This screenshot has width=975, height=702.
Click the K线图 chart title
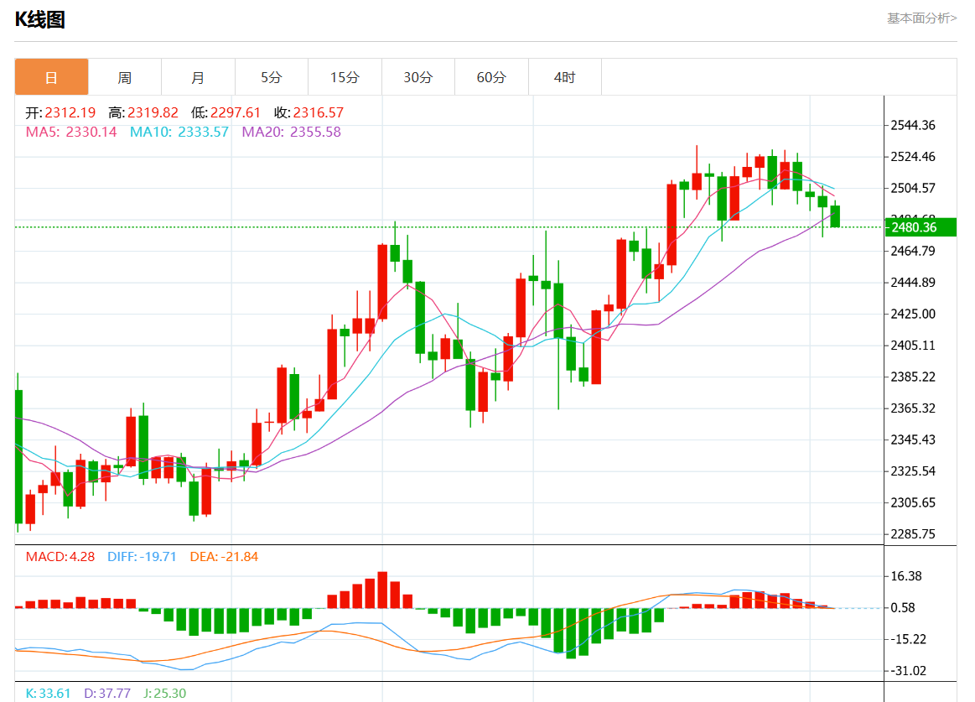40,20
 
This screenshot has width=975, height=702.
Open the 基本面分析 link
921,18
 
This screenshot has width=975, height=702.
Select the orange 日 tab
51,77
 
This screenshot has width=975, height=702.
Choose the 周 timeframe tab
124,77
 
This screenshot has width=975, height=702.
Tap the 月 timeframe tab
198,77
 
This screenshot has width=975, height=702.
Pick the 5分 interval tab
272,77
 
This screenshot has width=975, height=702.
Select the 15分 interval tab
345,77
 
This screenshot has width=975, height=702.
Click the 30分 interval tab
417,77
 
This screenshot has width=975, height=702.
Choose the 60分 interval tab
491,77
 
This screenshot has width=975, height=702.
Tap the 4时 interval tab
564,77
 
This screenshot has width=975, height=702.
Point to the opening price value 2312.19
70,112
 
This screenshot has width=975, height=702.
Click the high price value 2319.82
153,112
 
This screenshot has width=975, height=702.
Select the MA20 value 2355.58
315,132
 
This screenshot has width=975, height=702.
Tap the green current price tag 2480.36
921,227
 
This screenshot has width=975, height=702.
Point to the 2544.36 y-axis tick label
913,126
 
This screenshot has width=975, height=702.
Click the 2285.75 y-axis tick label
913,534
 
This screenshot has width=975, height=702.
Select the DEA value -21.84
239,557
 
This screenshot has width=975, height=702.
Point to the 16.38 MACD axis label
906,576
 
